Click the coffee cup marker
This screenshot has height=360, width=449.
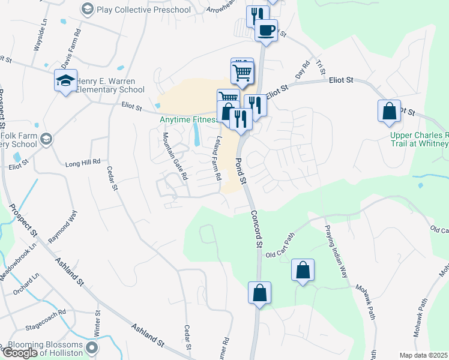(x=266, y=29)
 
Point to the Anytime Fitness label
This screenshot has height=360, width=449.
(x=188, y=119)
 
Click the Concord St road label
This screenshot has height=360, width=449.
(x=256, y=229)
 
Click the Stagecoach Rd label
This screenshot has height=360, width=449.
(x=46, y=318)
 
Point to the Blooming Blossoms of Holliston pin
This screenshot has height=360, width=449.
(x=91, y=348)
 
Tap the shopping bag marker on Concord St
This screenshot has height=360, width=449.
(x=259, y=294)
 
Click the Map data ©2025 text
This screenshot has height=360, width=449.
(x=424, y=355)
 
